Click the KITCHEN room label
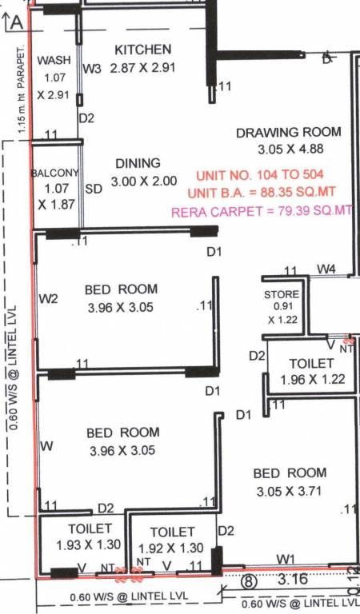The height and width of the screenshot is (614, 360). point(143,50)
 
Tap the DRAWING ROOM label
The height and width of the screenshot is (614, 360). point(289,132)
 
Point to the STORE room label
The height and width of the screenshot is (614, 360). point(282,294)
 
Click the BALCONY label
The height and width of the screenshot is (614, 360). point(55,173)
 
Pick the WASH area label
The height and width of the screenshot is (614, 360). point(54,60)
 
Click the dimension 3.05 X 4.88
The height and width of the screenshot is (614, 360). point(290,150)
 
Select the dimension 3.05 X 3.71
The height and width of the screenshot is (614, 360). point(289,491)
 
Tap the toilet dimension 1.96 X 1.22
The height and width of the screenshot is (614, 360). point(313,379)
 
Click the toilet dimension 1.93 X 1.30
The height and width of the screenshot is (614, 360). point(89,544)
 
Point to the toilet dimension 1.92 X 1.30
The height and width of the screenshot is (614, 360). point(170,548)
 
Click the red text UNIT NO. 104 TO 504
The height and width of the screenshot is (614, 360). point(260,174)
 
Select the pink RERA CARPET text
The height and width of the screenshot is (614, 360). point(262,211)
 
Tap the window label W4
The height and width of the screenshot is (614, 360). point(326,269)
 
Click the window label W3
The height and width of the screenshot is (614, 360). point(92,69)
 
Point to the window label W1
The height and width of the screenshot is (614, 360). point(286,560)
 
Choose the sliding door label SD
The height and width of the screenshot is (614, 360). point(94,189)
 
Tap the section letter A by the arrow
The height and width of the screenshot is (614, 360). point(17,22)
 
